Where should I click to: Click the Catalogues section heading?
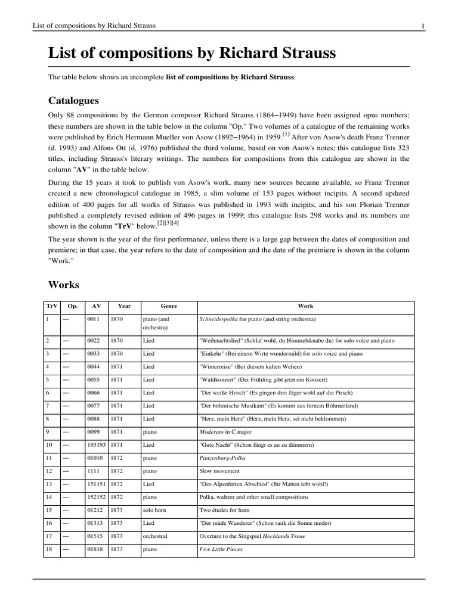point(73,100)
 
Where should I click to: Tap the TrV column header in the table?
point(51,306)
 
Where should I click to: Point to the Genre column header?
point(169,306)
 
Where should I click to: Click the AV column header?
point(96,306)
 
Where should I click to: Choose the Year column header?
point(124,306)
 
